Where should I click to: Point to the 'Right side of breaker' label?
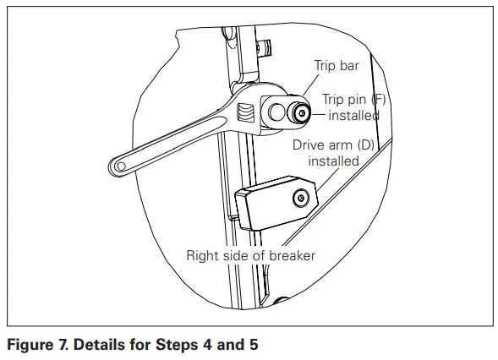tap(250, 254)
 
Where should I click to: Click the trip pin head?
tap(300, 112)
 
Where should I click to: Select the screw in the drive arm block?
tap(299, 199)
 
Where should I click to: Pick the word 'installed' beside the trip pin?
tap(353, 115)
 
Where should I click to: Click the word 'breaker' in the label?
tap(290, 254)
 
